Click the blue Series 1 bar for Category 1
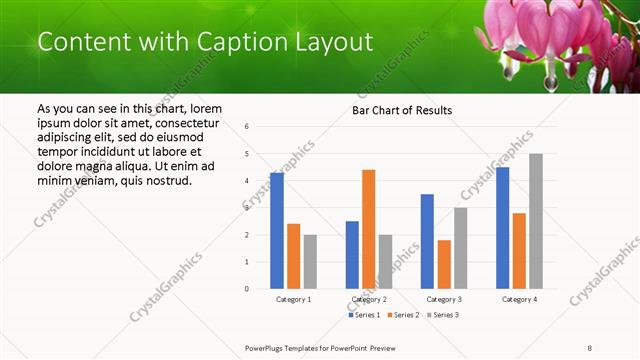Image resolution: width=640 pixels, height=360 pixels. [x=277, y=231]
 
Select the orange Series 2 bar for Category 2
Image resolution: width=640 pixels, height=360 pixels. [x=369, y=229]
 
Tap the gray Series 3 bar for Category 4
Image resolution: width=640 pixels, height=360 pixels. [x=536, y=221]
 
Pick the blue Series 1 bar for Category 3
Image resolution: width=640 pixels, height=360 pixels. [x=427, y=241]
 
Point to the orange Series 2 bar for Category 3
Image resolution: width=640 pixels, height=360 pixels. [x=444, y=264]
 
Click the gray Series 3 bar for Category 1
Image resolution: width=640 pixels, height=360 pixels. [x=311, y=262]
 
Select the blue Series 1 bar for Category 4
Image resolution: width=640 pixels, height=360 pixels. [x=502, y=228]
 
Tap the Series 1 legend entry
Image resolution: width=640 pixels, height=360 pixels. [x=364, y=315]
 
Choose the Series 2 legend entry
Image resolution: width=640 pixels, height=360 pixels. [x=405, y=315]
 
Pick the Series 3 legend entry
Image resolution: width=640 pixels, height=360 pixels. [x=443, y=315]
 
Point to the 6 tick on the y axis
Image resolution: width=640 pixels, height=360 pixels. [x=247, y=127]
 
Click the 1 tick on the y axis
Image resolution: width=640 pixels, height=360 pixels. [x=247, y=262]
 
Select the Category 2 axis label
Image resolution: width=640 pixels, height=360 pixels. [x=369, y=299]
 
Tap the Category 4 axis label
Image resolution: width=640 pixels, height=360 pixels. [x=519, y=299]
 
